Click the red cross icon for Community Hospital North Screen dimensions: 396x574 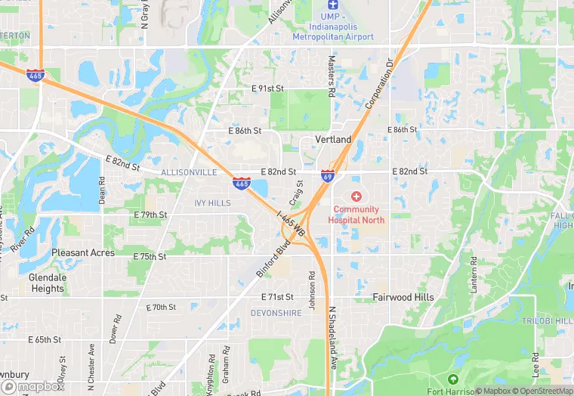click(x=356, y=196)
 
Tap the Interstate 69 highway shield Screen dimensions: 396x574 click(x=327, y=176)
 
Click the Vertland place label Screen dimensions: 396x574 click(x=332, y=140)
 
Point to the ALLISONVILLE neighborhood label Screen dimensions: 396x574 click(x=188, y=172)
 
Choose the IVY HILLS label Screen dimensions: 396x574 click(x=212, y=203)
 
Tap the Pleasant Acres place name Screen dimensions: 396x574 click(x=82, y=252)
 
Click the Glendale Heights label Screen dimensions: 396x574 click(x=47, y=283)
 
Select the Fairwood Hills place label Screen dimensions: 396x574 click(x=403, y=297)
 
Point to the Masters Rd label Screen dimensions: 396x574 click(x=331, y=76)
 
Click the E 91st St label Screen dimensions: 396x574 click(x=267, y=88)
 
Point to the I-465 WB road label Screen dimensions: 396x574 click(x=292, y=224)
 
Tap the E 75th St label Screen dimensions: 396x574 click(x=150, y=256)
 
